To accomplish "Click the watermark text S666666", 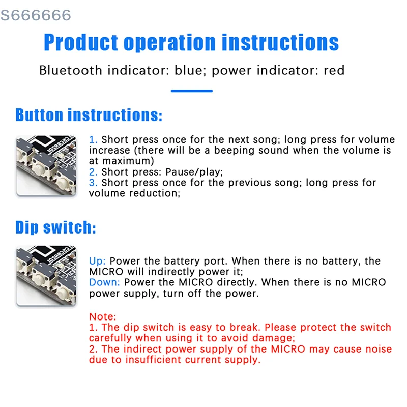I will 36,15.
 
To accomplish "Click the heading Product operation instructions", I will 191,42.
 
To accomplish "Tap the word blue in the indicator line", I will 187,70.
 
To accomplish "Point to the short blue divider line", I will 192,91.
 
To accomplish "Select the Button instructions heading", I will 89,114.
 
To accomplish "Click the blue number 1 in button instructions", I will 93,139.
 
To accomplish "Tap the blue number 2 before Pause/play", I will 93,172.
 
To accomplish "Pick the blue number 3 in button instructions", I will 93,183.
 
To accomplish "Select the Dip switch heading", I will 55,227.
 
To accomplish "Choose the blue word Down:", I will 105,282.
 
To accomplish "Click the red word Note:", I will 102,316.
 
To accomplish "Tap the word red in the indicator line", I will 334,70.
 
